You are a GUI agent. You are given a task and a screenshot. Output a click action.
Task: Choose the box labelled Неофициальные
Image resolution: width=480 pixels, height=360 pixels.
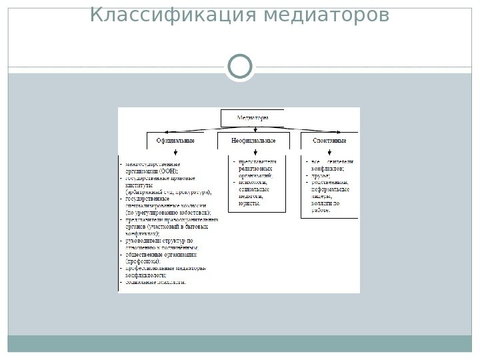click(x=253, y=141)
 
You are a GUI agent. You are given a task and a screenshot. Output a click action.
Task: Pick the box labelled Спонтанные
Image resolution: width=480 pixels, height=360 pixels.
click(x=329, y=141)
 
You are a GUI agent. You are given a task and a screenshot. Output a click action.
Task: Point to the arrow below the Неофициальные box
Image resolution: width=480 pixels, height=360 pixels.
click(x=254, y=153)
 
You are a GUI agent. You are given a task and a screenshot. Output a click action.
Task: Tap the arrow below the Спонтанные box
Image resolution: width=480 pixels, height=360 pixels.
click(x=329, y=153)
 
